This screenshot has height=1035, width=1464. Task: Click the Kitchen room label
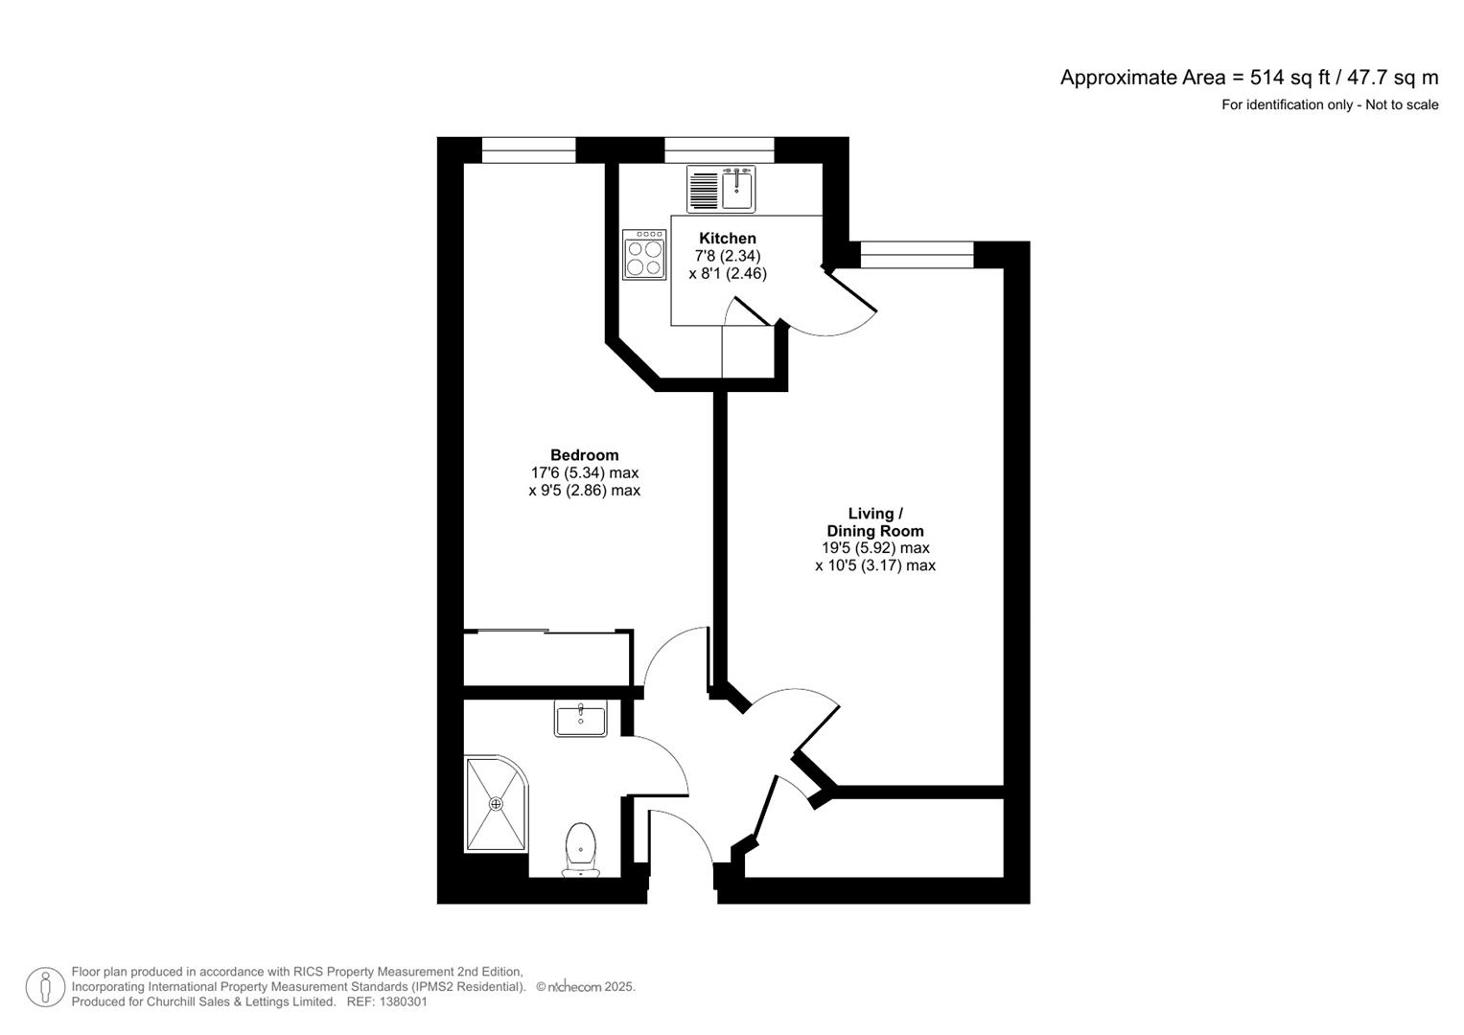tap(727, 239)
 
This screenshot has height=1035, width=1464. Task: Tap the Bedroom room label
tap(584, 455)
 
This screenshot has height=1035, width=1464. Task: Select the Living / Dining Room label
tap(874, 522)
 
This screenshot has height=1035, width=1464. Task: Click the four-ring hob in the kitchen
tap(644, 254)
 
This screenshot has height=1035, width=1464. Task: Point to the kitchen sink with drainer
tap(722, 189)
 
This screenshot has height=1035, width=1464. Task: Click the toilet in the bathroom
tap(581, 847)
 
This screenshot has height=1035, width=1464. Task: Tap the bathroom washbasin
tap(580, 719)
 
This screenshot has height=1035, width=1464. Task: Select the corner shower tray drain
tap(497, 804)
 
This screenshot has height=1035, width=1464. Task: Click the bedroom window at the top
tap(528, 150)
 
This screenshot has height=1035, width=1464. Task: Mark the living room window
tap(917, 255)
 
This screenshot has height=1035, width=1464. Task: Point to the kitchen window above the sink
tap(719, 150)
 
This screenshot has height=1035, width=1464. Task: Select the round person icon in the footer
tap(45, 987)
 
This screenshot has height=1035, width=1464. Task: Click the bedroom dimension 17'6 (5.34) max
tap(584, 473)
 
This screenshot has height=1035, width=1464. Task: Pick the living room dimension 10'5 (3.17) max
tap(874, 566)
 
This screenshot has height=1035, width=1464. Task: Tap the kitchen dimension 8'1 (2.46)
tap(727, 274)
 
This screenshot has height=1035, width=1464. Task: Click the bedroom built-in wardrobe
tap(546, 658)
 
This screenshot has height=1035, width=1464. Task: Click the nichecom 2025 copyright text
tap(586, 987)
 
